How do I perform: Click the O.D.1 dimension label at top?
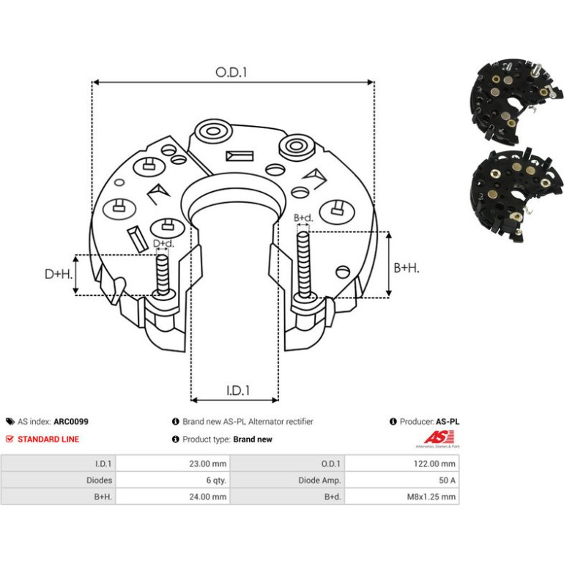pos(231,73)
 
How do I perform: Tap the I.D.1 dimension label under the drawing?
pos(238,390)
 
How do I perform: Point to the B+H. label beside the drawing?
pos(407,268)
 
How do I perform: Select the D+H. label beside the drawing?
pos(59,274)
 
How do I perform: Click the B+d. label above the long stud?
pos(303,218)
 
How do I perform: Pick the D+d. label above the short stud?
pos(163,243)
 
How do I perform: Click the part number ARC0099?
pos(71,422)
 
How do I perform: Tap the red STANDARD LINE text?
pos(48,439)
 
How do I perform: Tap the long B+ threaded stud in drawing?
pos(303,265)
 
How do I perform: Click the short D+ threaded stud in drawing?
pos(163,275)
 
